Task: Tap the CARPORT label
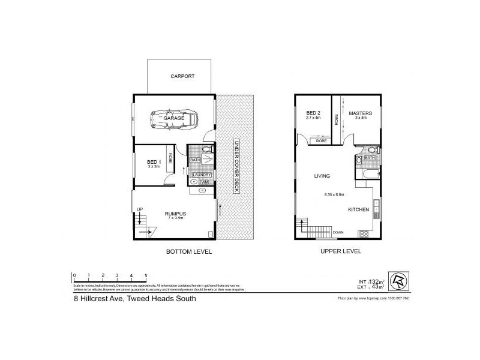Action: click(x=182, y=77)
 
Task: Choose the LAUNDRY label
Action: click(x=200, y=175)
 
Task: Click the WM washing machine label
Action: click(x=204, y=182)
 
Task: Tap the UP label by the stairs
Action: click(x=140, y=209)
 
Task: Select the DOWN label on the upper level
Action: click(x=338, y=232)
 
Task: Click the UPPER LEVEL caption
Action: click(x=341, y=252)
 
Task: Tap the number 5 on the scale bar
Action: click(x=146, y=275)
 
